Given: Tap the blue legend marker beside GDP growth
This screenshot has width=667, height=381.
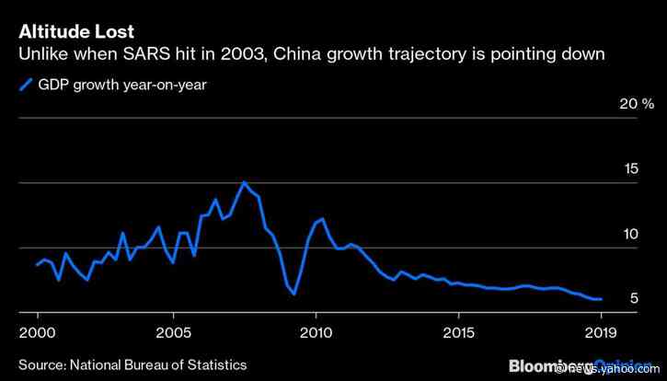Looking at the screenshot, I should coord(25,87).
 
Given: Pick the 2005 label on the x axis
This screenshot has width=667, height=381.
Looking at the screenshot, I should coord(175,331).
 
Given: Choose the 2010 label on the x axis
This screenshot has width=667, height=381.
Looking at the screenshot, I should coord(316,331).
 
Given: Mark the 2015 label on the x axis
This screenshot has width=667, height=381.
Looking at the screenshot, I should coord(456,331).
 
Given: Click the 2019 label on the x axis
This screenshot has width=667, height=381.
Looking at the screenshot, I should coord(601,331).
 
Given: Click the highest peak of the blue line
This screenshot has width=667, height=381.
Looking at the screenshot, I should coord(244,182).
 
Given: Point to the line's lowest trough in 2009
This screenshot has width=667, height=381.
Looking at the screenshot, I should coord(293,294).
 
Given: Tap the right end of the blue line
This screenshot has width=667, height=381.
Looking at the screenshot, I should coord(601,299).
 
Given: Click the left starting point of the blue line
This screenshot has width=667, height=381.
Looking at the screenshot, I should coord(37,264).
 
